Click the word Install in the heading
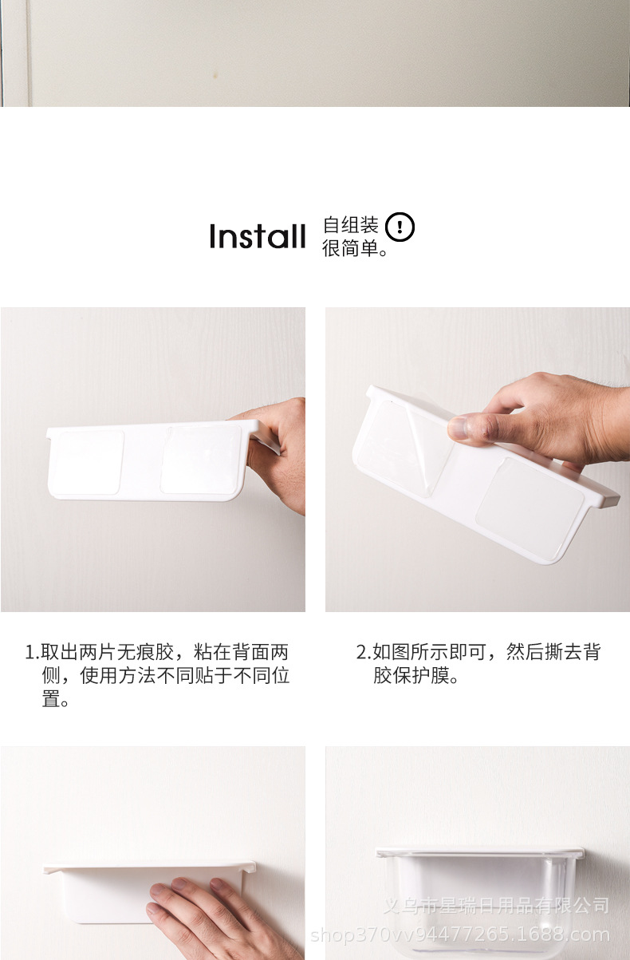tap(257, 237)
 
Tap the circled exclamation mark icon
tap(400, 228)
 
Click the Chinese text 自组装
tap(350, 226)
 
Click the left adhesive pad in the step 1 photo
tap(89, 461)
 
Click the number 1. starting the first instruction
tap(32, 653)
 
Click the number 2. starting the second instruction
tap(363, 653)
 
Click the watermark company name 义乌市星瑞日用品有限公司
tap(496, 905)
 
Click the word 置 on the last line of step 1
tap(51, 701)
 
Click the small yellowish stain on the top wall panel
tap(214, 75)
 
